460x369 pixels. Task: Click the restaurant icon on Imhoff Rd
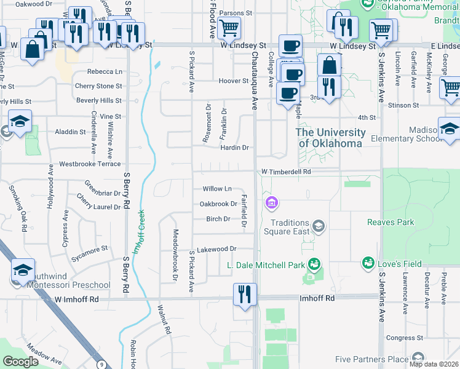coord(244,293)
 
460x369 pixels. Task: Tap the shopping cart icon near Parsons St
coord(229,28)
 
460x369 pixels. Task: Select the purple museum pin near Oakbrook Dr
coord(271,202)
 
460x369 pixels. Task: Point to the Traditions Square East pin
coord(318,226)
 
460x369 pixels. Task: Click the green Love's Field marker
coord(368,264)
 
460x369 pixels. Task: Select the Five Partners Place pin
coord(418,358)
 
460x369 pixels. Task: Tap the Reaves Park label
coord(391,222)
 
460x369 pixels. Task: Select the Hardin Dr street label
coord(234,148)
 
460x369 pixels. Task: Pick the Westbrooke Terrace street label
coord(90,165)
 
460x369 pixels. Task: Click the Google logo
coord(20,362)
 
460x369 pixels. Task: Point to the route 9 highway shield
coord(100,364)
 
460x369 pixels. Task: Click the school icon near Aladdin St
coord(20,121)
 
